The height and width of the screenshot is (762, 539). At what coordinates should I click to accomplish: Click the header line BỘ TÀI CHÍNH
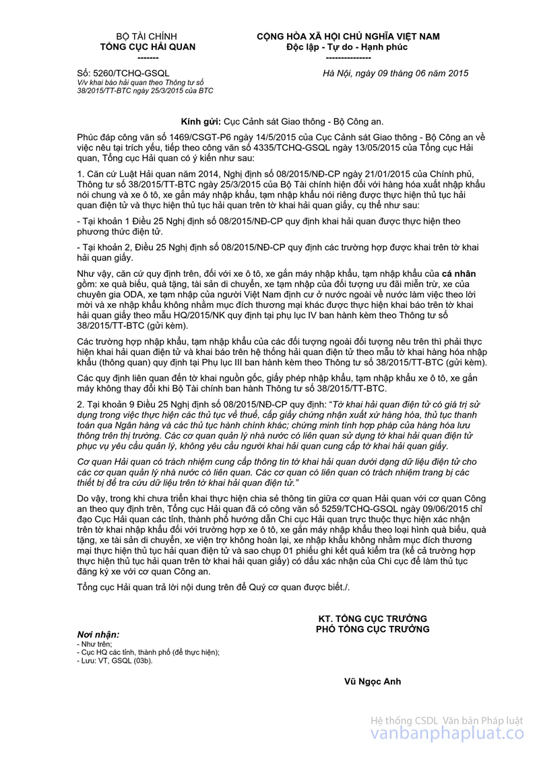(148, 36)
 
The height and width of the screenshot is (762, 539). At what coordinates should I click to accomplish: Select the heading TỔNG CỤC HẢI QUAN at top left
(148, 47)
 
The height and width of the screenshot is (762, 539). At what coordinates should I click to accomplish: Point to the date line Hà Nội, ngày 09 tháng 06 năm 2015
(395, 73)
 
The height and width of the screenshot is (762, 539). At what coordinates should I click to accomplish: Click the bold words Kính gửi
(201, 121)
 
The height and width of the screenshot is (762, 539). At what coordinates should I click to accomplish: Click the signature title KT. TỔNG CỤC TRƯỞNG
(373, 618)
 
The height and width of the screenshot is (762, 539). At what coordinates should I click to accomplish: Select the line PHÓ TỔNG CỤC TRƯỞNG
(373, 629)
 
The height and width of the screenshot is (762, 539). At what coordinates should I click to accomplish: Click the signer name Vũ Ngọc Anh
(372, 681)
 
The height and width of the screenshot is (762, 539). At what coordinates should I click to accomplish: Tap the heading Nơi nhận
(98, 635)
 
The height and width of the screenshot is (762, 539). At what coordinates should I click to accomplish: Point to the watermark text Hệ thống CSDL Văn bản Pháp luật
(447, 720)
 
